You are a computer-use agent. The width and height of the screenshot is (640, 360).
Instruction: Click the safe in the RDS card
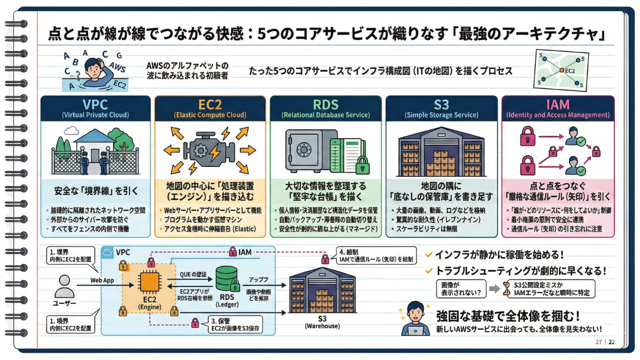305,149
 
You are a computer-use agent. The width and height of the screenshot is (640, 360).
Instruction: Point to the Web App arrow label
102,279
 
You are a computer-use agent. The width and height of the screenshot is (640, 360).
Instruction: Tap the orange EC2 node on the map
561,70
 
